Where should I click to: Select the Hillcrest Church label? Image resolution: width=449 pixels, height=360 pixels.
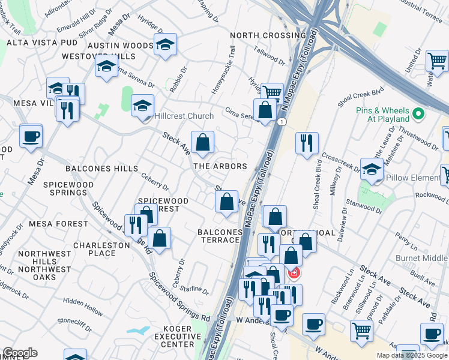(x=184, y=116)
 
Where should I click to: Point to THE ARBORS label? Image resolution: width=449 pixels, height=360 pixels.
(x=220, y=166)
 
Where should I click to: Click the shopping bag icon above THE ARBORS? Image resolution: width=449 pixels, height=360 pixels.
(x=203, y=142)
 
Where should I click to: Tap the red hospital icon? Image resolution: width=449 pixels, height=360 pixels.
(x=294, y=274)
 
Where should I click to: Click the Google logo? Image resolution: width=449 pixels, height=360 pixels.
(x=20, y=353)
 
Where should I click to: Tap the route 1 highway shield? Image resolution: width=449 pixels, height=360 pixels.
(x=282, y=122)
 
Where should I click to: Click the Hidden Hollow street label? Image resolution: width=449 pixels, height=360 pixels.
(x=83, y=305)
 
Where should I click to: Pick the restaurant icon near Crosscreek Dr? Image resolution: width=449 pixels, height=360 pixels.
(x=307, y=143)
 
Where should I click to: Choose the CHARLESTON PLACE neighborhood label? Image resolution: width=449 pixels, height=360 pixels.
(x=101, y=249)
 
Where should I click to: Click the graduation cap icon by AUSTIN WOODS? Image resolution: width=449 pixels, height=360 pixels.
(x=165, y=44)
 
